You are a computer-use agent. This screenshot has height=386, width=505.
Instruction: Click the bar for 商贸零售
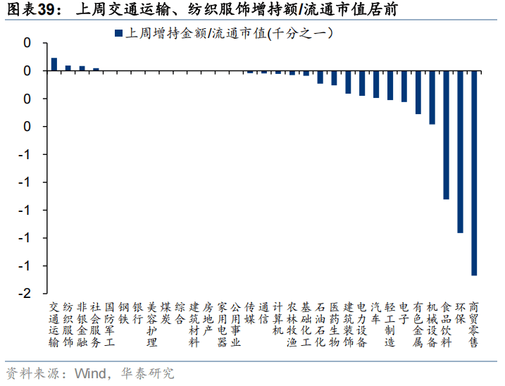pyautogui.click(x=474, y=173)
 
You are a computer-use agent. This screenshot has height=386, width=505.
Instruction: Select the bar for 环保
pyautogui.click(x=460, y=151)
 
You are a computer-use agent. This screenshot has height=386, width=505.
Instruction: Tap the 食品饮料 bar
pyautogui.click(x=446, y=135)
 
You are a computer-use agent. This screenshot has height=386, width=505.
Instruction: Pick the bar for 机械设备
pyautogui.click(x=432, y=97)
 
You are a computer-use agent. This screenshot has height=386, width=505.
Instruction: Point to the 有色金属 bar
pyautogui.click(x=418, y=92)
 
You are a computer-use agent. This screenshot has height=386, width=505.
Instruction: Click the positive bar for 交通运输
pyautogui.click(x=54, y=64)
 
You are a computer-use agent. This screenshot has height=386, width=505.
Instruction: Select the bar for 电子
pyautogui.click(x=404, y=86)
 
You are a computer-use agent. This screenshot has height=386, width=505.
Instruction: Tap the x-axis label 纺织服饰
pyautogui.click(x=68, y=325)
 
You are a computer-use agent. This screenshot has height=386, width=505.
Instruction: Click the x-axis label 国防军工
pyautogui.click(x=110, y=325)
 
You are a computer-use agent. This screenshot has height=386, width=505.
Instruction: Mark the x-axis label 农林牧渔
pyautogui.click(x=292, y=325)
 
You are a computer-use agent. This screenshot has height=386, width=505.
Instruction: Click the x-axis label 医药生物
pyautogui.click(x=334, y=325)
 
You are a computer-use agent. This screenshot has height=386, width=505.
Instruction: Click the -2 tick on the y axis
pyautogui.click(x=27, y=294)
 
